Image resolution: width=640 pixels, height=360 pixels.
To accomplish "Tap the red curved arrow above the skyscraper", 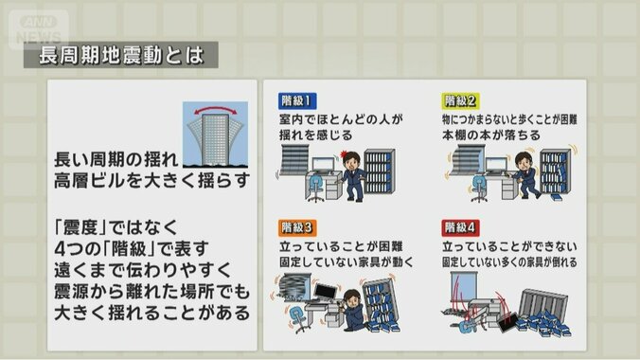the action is point(213,112).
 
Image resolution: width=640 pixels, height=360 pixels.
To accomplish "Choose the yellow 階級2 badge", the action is point(460,100).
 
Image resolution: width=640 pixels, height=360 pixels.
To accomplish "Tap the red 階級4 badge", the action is point(460,227).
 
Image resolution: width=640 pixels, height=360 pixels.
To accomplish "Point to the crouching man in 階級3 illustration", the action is point(352,313).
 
